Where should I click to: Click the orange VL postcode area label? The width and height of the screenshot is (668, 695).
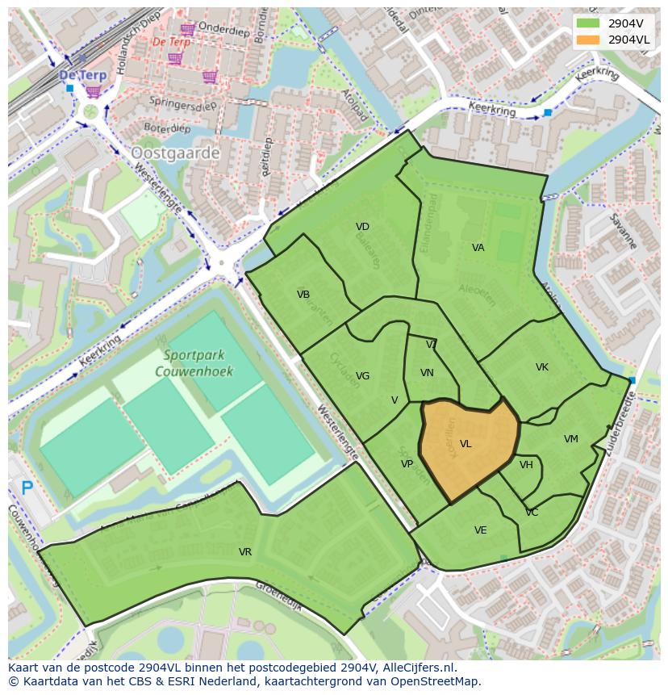tap(466, 444)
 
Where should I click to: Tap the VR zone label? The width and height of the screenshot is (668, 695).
tap(245, 552)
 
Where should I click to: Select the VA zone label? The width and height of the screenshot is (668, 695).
tap(478, 248)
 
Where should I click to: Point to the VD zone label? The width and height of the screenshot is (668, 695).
tap(362, 227)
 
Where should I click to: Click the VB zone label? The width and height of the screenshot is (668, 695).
tap(303, 295)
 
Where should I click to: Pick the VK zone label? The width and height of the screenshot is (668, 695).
tap(542, 367)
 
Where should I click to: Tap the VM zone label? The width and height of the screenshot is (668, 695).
tap(571, 439)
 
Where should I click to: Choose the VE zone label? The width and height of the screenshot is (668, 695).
tap(481, 530)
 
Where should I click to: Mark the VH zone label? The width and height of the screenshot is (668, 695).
tap(526, 465)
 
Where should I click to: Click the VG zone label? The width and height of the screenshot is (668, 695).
tap(363, 376)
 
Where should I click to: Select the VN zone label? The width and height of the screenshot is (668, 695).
tap(428, 373)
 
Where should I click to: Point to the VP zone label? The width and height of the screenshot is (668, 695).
tap(407, 464)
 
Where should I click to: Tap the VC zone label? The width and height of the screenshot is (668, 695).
tap(532, 513)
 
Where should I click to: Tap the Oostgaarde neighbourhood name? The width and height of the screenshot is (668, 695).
tap(175, 153)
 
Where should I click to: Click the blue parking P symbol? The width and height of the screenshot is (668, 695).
tap(27, 488)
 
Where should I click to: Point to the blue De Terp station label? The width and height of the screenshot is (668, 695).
tap(82, 75)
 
